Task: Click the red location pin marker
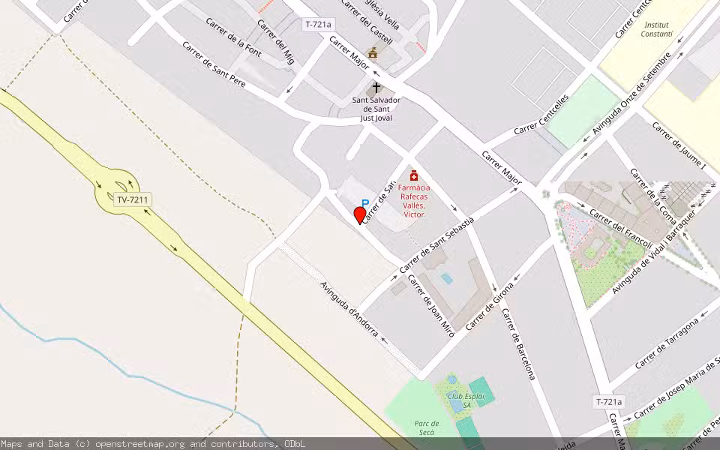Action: coord(360,215)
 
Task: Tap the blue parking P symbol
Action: coord(365,203)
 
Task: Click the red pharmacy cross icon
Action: coord(413,175)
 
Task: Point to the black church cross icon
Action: coord(376,88)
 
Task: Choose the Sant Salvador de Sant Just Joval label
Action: coord(376,109)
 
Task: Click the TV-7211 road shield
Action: coord(133,199)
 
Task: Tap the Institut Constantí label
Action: coord(658,29)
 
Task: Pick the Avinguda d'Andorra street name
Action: coord(349,308)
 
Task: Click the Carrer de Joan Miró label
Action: coord(430,305)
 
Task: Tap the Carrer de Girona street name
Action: coord(490,306)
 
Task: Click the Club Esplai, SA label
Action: coord(467,400)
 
